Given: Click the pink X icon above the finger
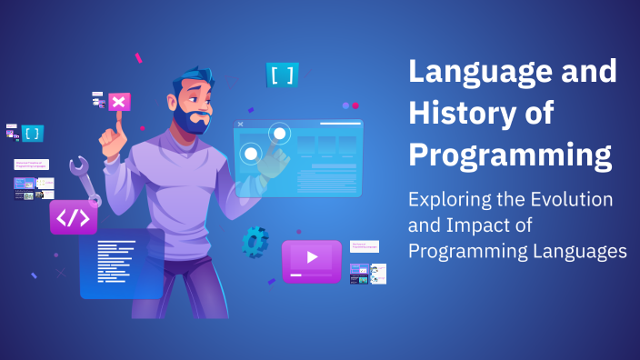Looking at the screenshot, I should (117, 101).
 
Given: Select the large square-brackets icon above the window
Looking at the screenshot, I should (282, 75).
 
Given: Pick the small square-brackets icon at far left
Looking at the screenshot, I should (33, 134).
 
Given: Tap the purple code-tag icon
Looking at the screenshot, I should (73, 218).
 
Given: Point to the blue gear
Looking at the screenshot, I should (255, 242).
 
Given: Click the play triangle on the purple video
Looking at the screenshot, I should (312, 257).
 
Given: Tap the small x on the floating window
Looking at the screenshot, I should (240, 124).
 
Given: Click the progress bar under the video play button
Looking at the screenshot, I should (311, 275).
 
